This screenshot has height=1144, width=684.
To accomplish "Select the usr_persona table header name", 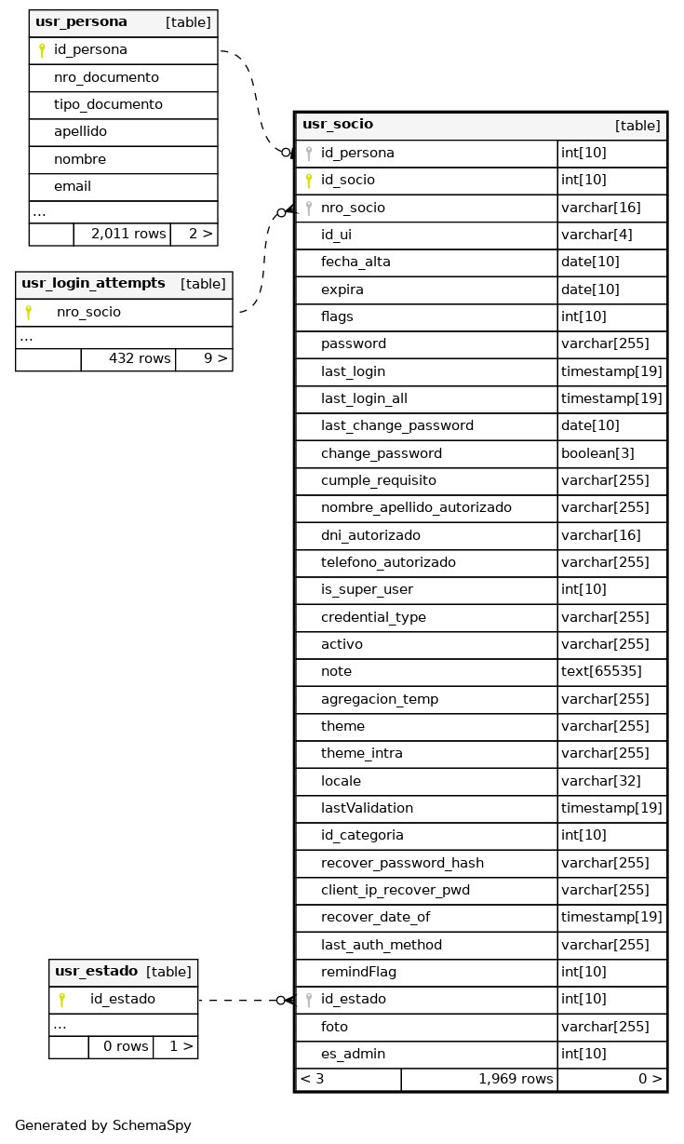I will pos(81,22).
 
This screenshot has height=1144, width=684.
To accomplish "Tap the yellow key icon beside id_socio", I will pos(309,181).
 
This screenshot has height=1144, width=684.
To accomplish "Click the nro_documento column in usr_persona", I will pos(106,77).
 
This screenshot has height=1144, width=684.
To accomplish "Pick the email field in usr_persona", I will pos(73,186).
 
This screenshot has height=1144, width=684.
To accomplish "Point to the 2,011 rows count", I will pos(128,234).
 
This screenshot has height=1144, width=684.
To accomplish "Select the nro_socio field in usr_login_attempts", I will pos(88,312).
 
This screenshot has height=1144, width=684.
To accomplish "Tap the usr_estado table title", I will pos(96,972).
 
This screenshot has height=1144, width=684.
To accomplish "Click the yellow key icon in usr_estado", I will pos(61,1000).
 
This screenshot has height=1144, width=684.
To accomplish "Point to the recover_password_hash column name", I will pos(402,863).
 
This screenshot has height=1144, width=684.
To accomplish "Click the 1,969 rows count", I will pos(516,1079).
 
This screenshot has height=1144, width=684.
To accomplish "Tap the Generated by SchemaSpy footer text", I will pos(103,1125).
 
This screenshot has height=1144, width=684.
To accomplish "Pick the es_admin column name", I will pos(353,1054).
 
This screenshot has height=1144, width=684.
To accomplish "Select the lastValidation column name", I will pos(367,808).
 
